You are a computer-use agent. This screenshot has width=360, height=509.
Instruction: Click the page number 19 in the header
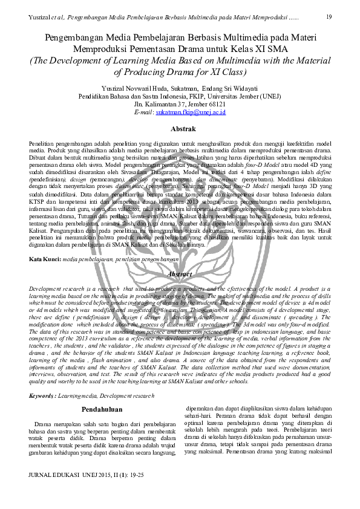click(329, 16)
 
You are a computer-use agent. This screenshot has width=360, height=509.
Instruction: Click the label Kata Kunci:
click(45, 259)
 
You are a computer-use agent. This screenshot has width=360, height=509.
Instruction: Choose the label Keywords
click(42, 395)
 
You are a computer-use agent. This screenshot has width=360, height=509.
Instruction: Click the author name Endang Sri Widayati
click(233, 86)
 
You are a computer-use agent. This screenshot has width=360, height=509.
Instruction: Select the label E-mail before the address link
click(144, 112)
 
